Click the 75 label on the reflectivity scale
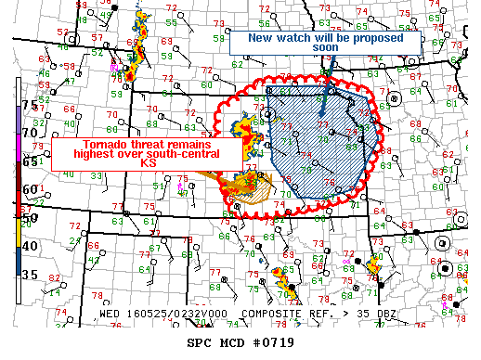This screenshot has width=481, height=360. click(29, 105)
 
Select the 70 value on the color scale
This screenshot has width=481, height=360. click(29, 133)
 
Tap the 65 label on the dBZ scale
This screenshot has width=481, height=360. click(29, 161)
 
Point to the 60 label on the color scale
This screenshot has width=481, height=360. click(29, 189)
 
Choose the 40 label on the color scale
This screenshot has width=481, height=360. click(29, 246)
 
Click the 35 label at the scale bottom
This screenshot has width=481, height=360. click(29, 274)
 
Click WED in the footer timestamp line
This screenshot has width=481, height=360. click(110, 315)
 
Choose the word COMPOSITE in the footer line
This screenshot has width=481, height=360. click(268, 315)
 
